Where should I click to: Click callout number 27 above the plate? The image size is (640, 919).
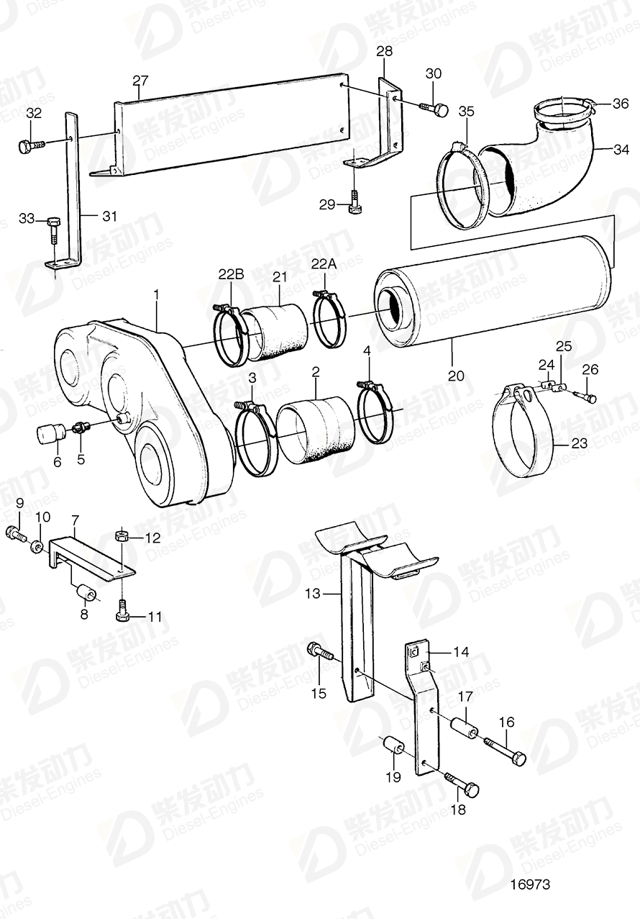(140, 80)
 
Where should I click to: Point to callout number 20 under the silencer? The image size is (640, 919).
(456, 376)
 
